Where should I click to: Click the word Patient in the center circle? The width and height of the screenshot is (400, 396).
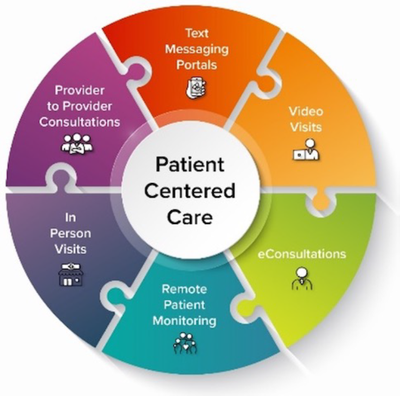pos(190,164)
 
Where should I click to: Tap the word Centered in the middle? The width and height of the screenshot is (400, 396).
pos(190,191)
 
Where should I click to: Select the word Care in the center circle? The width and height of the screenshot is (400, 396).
pos(190,217)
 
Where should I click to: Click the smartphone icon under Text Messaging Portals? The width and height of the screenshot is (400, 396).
pos(196,88)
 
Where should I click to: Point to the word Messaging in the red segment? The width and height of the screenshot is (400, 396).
pos(197,49)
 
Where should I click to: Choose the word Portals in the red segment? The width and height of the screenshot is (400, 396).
pos(197,65)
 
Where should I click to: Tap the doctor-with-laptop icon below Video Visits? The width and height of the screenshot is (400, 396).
pos(306,150)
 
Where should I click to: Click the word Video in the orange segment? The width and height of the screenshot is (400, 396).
pos(306,111)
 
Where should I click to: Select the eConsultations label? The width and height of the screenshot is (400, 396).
pos(302,254)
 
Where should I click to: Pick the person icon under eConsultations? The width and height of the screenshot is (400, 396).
pos(302,278)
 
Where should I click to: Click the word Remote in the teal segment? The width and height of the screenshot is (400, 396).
pos(184,289)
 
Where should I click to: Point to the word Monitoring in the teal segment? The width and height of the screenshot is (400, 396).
pos(184,321)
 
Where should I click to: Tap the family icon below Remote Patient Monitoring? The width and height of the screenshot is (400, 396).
pos(185,343)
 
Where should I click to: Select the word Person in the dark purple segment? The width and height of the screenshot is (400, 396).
pos(70,233)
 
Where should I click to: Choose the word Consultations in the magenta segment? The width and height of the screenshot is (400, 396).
pos(79,122)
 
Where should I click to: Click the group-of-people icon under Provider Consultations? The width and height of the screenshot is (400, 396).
pos(77,144)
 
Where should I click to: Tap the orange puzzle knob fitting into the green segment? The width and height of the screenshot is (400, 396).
pos(321,202)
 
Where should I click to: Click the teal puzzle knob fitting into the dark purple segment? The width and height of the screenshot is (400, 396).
pos(112,297)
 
